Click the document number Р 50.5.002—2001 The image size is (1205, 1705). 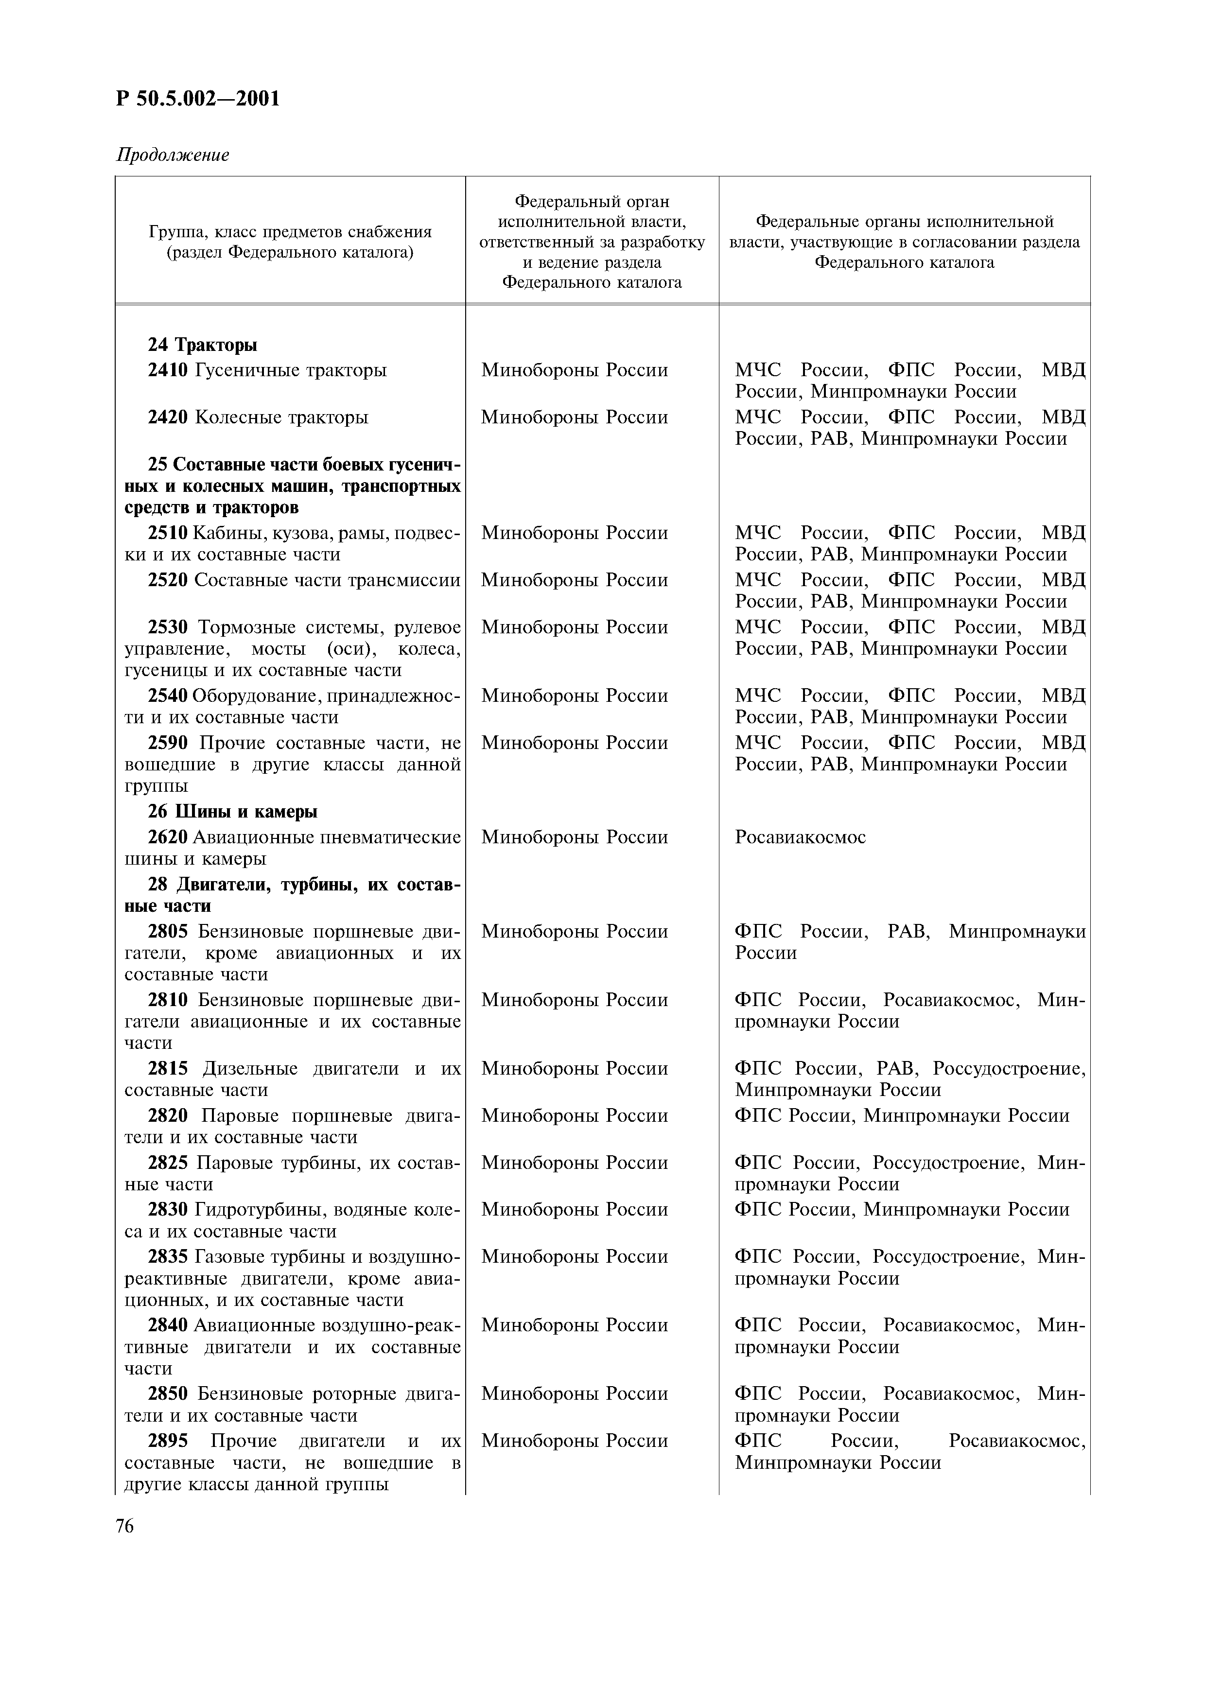tap(198, 99)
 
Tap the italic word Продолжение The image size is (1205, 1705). tap(172, 155)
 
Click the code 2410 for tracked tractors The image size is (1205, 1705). tap(168, 370)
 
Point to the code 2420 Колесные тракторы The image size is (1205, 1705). tap(168, 418)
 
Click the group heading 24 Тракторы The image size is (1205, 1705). tap(202, 345)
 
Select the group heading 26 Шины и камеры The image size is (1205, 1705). tap(232, 812)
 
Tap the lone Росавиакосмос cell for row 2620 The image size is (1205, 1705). tap(800, 837)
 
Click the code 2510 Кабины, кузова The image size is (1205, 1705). tap(168, 533)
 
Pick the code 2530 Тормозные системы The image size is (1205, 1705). tap(168, 627)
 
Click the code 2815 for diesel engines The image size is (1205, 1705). tap(168, 1069)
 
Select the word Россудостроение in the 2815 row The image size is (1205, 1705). tap(1008, 1069)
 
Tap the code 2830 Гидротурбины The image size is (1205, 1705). tap(168, 1210)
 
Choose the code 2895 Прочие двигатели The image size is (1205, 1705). tap(168, 1442)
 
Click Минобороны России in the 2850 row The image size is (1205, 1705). tap(574, 1394)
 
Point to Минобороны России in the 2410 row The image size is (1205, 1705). tap(574, 370)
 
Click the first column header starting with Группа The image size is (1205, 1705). tap(290, 242)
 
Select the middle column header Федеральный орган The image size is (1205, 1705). tap(592, 242)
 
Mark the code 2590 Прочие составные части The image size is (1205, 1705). tap(168, 743)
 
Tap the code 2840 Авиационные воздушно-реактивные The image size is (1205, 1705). tap(168, 1325)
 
